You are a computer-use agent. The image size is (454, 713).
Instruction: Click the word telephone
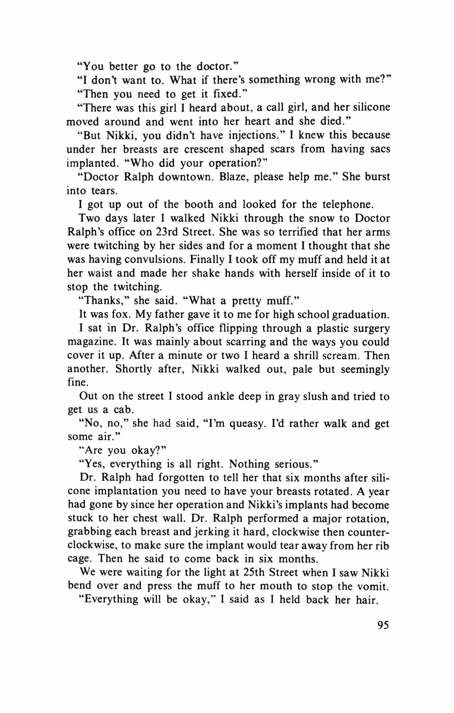tap(350, 204)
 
